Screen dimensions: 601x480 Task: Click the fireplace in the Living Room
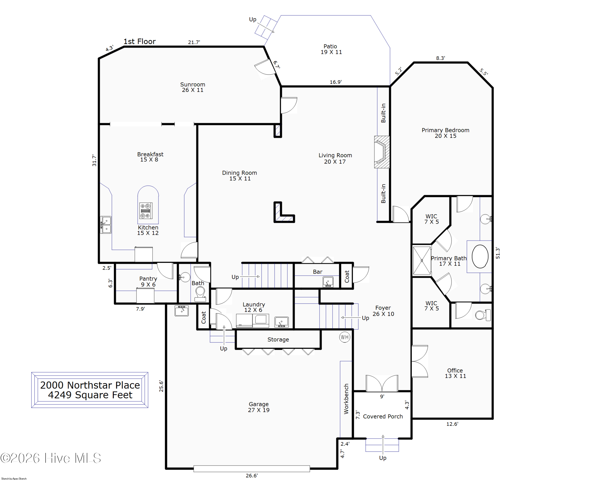click(382, 152)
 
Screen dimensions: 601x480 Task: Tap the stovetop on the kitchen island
click(145, 211)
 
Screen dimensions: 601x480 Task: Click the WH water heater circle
click(345, 337)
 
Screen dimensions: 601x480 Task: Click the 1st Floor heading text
click(140, 42)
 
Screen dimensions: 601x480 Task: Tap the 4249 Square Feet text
click(90, 395)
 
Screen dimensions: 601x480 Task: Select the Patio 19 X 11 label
click(331, 49)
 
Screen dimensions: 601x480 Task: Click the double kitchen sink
click(106, 225)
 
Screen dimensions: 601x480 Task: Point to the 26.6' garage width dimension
click(252, 475)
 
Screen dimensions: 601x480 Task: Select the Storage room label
click(278, 339)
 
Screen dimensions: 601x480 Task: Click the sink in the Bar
click(328, 282)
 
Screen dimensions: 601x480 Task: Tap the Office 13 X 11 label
click(455, 373)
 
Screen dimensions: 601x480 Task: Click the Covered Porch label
click(383, 416)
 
